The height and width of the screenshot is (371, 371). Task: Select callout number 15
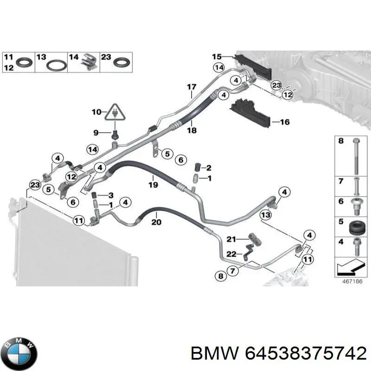click(x=217, y=57)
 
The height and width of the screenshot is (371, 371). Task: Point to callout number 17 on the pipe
click(x=192, y=87)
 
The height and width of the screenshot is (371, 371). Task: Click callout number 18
click(x=192, y=131)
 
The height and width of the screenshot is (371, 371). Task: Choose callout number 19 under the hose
click(x=154, y=185)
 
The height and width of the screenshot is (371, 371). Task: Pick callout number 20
click(x=156, y=222)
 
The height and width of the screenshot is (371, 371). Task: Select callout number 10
click(x=96, y=112)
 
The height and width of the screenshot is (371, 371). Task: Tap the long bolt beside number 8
click(x=355, y=155)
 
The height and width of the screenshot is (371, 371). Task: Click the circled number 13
click(x=265, y=215)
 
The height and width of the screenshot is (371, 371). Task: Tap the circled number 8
click(x=220, y=276)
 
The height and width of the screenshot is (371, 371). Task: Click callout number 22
click(x=231, y=253)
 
